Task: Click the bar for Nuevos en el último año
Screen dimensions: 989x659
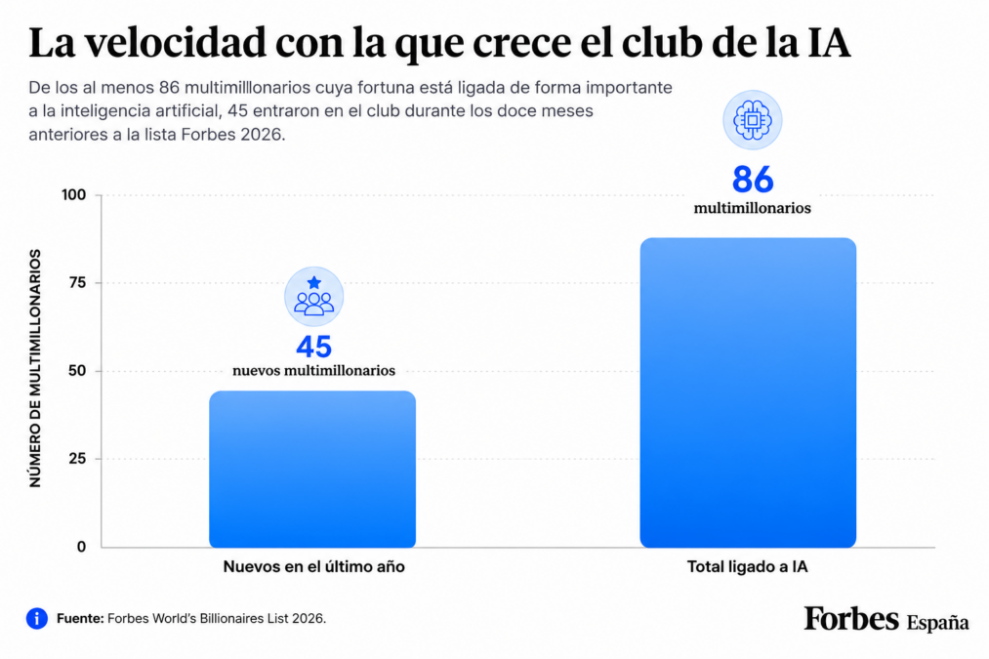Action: coord(312,470)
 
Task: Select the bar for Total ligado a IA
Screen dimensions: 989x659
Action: coord(748,392)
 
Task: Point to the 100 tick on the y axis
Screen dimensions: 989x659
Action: coord(74,195)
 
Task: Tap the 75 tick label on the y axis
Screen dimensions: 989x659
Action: coord(77,282)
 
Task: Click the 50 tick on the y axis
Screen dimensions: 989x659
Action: coord(77,371)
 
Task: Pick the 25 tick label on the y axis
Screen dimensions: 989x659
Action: coord(77,459)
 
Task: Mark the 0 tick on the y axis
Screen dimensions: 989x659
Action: coord(81,547)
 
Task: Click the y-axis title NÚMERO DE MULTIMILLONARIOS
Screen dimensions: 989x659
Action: coord(35,368)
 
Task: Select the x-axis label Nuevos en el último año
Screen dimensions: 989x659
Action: coord(314,567)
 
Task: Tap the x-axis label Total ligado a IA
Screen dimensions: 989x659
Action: coord(748,567)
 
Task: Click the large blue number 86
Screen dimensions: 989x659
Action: coord(753,179)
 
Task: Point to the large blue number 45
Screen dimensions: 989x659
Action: coord(314,347)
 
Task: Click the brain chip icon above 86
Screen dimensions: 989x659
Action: coord(753,120)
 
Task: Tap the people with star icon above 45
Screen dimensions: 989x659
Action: coord(314,297)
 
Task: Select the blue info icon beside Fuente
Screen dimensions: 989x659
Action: coord(36,619)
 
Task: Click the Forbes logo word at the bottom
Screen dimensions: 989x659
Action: coord(851,619)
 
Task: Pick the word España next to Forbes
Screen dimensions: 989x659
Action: coord(937,623)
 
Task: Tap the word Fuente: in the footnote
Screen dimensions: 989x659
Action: coord(80,619)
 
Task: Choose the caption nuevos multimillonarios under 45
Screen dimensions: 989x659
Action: coord(314,371)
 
